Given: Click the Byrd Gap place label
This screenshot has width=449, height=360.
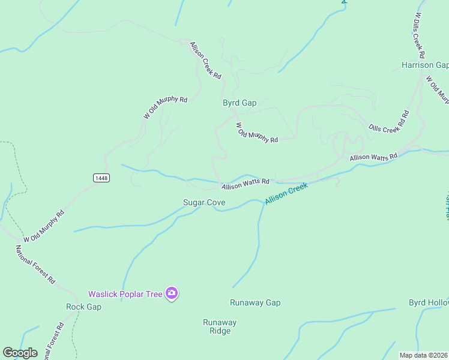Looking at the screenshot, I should [240, 103].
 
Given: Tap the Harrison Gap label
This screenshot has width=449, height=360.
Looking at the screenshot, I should [425, 65].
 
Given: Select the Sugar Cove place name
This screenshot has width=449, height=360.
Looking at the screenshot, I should [204, 203].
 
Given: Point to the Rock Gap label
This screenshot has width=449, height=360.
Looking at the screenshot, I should [83, 307].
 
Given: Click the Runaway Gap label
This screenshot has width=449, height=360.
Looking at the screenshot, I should [255, 303].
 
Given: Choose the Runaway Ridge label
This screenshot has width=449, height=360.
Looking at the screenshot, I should [220, 326].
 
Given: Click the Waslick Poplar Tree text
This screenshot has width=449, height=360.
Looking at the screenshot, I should [125, 294].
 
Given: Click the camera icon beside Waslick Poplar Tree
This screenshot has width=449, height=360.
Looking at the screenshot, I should [172, 293].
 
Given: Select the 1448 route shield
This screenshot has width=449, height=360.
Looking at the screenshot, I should [101, 178].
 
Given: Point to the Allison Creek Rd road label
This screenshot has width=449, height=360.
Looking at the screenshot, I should [206, 61].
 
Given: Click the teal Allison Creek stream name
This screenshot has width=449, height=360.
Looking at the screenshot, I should [286, 193].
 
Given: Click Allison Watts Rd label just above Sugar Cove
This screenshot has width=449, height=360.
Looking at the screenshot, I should [245, 184].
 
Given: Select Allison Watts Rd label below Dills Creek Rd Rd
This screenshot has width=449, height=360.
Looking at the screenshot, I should [373, 157].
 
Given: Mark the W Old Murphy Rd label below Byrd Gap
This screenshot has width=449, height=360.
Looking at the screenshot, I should [257, 133].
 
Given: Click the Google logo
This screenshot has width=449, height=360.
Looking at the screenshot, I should [20, 353].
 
